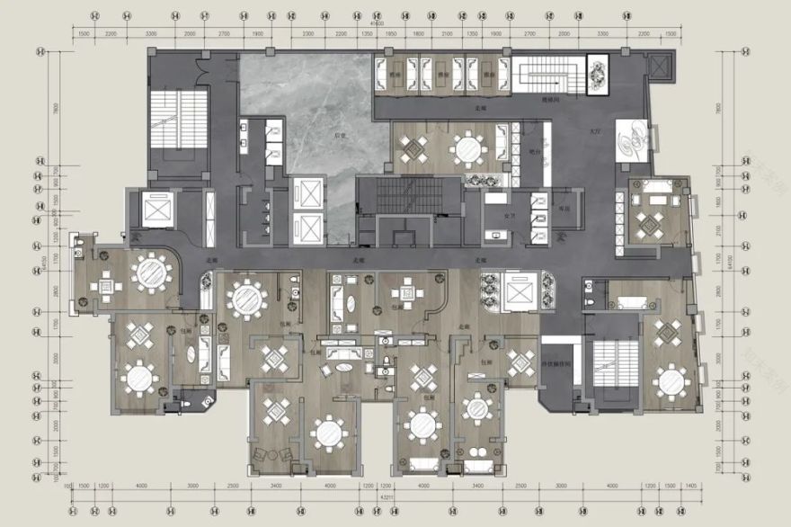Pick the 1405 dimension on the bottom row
(690, 486)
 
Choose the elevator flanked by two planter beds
(520, 292)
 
